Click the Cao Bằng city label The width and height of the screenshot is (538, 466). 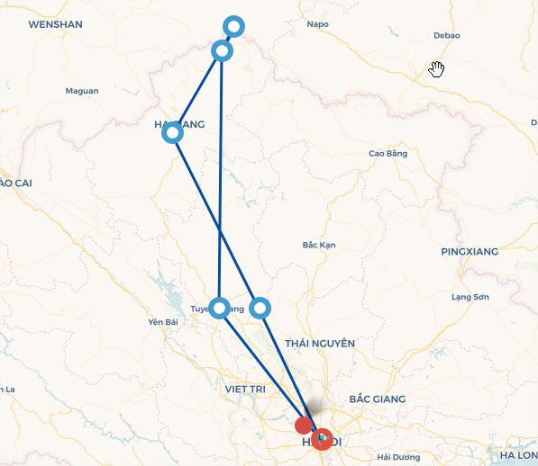click(x=388, y=154)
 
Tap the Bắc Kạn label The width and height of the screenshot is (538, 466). click(x=319, y=245)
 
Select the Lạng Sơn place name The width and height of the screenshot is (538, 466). click(x=469, y=297)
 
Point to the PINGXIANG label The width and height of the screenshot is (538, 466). click(x=469, y=251)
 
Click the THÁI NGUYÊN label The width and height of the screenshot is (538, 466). click(x=320, y=343)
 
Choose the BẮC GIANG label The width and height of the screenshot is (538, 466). click(x=377, y=399)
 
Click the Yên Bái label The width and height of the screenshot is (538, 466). click(x=163, y=322)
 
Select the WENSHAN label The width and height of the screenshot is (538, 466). click(x=56, y=24)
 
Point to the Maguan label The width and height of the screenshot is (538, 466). click(x=82, y=91)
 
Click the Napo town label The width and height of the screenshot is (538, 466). click(x=317, y=24)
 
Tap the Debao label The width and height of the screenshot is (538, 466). click(x=446, y=36)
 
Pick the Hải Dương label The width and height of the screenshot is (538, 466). click(x=397, y=457)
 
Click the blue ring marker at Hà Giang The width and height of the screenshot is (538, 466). click(x=173, y=133)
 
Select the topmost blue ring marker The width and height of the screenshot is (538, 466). click(x=233, y=27)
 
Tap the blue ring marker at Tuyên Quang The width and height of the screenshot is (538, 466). click(x=219, y=308)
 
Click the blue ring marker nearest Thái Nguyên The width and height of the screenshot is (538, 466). click(x=260, y=308)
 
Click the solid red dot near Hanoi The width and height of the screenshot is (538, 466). click(x=304, y=425)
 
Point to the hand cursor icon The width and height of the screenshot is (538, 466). click(x=437, y=69)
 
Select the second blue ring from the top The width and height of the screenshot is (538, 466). click(x=222, y=51)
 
